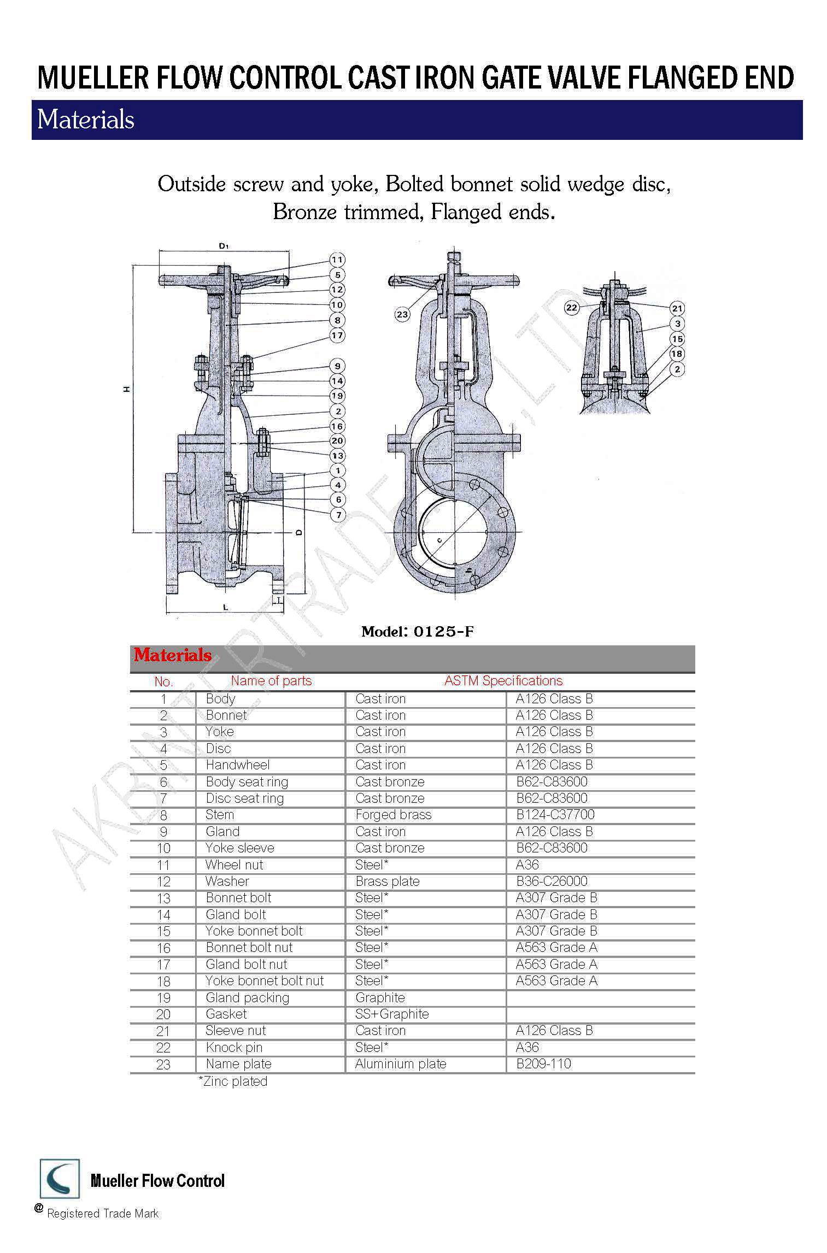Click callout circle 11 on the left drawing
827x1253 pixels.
(x=337, y=260)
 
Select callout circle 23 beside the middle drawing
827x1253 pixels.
(x=402, y=314)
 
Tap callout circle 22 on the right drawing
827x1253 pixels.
(x=572, y=308)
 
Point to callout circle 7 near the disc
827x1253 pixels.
(x=338, y=515)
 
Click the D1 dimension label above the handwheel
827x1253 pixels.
(x=223, y=246)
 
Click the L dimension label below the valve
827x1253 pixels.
(x=225, y=607)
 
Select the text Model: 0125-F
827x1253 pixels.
(x=417, y=632)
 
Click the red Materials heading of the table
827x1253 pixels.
(x=173, y=655)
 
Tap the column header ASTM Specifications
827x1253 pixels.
(x=503, y=681)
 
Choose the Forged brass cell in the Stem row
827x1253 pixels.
(x=393, y=815)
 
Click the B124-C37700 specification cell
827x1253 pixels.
(x=555, y=815)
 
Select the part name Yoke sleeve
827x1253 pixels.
(x=239, y=848)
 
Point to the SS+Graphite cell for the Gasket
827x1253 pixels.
(x=392, y=1014)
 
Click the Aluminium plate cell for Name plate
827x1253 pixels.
(x=401, y=1064)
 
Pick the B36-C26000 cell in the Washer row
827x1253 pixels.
(x=552, y=881)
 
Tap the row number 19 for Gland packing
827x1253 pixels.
(x=163, y=998)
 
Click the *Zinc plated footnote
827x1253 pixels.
(x=233, y=1081)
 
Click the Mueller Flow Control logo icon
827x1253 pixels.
(x=60, y=1179)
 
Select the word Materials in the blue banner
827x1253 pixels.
(x=86, y=120)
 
